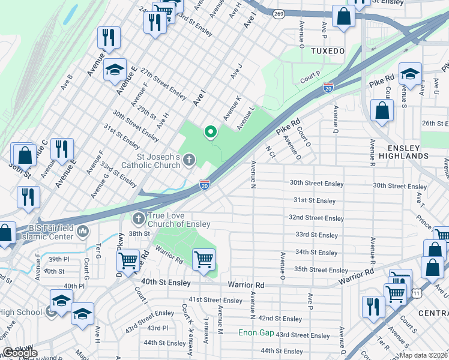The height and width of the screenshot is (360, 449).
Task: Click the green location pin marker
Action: pyautogui.click(x=210, y=131)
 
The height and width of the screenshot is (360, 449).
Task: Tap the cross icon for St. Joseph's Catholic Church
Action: pyautogui.click(x=189, y=159)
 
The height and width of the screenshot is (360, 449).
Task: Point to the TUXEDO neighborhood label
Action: pyautogui.click(x=328, y=51)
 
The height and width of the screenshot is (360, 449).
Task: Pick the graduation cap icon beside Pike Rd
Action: pyautogui.click(x=410, y=74)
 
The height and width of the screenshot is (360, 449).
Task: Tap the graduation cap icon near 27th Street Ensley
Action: pyautogui.click(x=115, y=71)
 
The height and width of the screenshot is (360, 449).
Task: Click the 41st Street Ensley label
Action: pyautogui.click(x=215, y=300)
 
